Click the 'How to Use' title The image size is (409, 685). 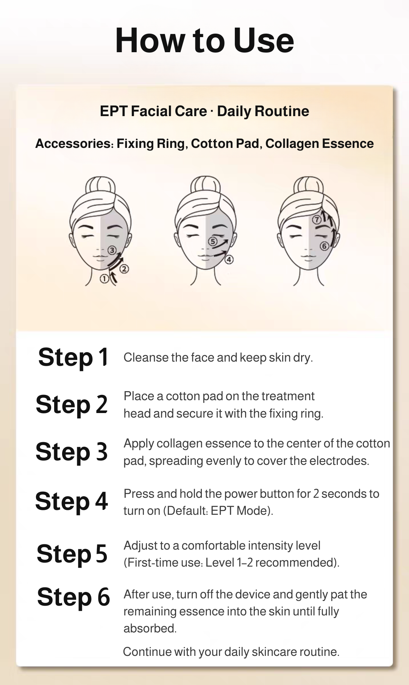click(x=204, y=40)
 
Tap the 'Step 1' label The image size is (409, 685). click(x=73, y=357)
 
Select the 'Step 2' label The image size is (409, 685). click(x=72, y=404)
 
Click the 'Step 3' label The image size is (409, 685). click(x=72, y=452)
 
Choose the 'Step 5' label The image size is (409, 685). click(x=72, y=554)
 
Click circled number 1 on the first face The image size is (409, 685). click(x=104, y=279)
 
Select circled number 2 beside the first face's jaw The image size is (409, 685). click(x=125, y=269)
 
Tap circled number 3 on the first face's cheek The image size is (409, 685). click(x=112, y=250)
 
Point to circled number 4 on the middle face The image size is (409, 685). click(x=229, y=259)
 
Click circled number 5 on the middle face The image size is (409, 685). click(x=212, y=241)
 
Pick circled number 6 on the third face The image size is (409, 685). click(x=324, y=246)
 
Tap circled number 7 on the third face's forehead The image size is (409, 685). click(x=317, y=220)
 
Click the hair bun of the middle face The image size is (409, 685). click(x=206, y=185)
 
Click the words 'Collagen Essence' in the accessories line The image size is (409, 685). click(x=319, y=144)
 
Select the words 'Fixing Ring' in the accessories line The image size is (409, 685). click(x=151, y=144)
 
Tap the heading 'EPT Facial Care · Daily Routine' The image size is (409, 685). click(x=204, y=111)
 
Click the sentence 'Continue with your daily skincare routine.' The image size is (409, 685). click(x=231, y=652)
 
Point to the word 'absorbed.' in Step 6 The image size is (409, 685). click(x=150, y=628)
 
